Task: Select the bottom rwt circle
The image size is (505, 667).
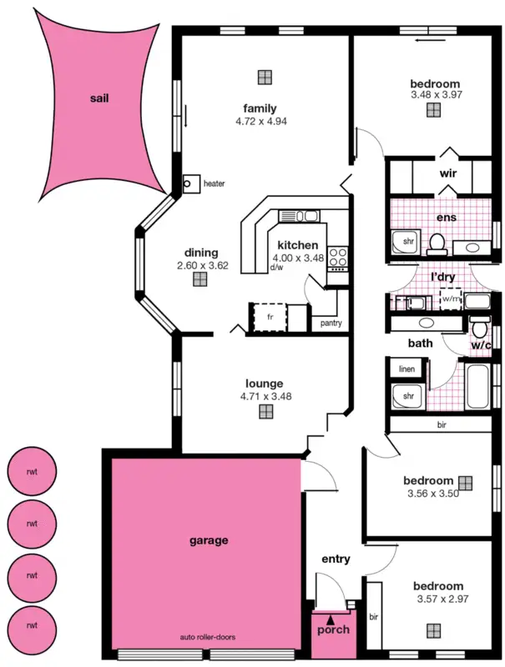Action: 32,624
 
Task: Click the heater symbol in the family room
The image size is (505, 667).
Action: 190,183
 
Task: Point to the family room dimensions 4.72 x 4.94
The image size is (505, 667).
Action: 260,122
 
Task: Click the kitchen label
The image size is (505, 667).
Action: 298,245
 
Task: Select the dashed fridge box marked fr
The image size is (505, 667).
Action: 270,318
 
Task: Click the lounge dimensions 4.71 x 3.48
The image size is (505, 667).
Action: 265,397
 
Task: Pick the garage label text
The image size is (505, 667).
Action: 209,540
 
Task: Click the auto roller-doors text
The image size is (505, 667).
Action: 208,637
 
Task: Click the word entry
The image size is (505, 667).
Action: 336,559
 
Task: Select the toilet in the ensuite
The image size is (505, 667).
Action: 436,243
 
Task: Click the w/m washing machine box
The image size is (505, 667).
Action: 451,298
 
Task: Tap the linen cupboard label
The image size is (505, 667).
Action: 407,369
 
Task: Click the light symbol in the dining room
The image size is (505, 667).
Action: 199,279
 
